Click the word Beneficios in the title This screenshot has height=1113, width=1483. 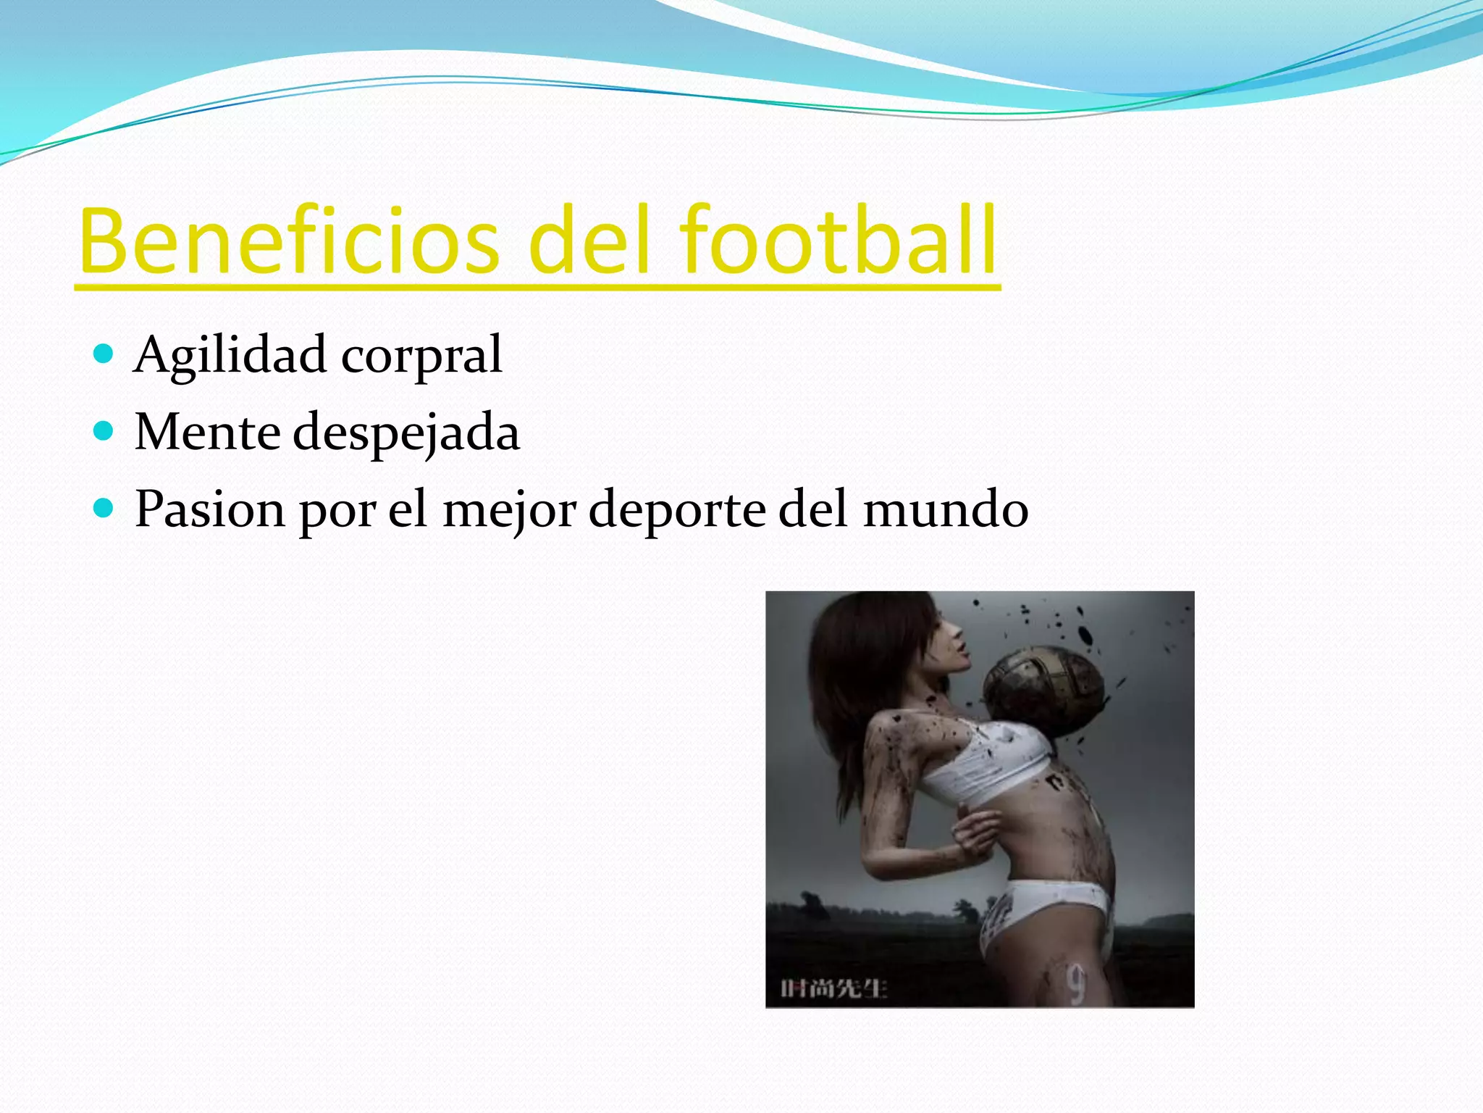coord(290,241)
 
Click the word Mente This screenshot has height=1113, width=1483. coord(208,433)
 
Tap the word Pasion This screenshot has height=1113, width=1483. coord(210,509)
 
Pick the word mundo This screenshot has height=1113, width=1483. coord(946,509)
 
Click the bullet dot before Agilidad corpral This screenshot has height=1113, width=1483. coord(104,354)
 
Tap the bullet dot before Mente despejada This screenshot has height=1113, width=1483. coord(104,431)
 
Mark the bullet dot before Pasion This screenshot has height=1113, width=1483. coord(104,508)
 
